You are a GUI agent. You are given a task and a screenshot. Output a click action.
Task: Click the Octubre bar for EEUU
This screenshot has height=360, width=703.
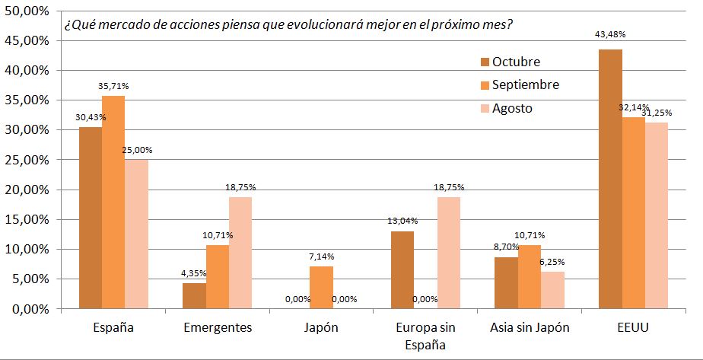tap(610, 179)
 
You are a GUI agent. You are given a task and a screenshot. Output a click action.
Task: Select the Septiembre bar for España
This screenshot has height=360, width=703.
tap(113, 202)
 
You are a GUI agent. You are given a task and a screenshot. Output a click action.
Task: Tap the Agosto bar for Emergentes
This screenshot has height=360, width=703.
tap(240, 253)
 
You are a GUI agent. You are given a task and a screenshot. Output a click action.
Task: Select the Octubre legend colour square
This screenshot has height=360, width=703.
tap(485, 62)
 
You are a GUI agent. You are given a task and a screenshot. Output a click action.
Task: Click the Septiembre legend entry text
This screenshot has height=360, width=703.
tap(526, 84)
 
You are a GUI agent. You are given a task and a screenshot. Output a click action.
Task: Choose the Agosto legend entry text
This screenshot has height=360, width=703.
tap(512, 108)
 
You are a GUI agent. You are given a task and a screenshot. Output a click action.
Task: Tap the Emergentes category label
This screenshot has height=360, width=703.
tap(218, 328)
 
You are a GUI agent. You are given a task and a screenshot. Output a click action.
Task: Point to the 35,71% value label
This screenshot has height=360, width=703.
tap(113, 87)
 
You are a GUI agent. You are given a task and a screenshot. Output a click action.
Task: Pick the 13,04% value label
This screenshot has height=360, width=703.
tap(402, 221)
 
